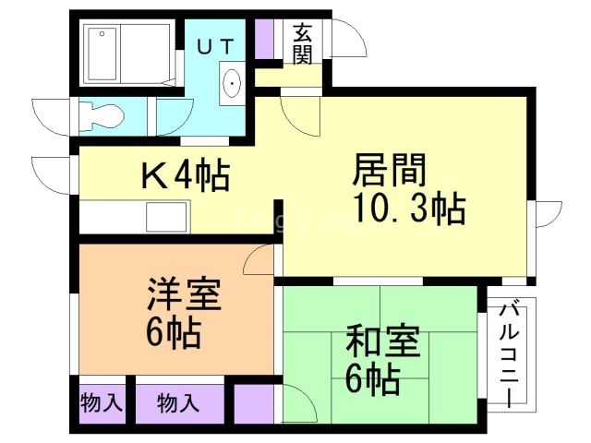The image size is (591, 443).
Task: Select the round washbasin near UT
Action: click(231, 82)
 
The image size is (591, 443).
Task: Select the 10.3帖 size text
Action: click(405, 210)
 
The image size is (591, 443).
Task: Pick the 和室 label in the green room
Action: click(382, 342)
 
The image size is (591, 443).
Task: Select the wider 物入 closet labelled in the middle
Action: click(178, 402)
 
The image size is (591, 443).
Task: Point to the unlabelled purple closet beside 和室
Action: click(254, 403)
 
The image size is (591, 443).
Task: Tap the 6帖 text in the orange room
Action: click(173, 333)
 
